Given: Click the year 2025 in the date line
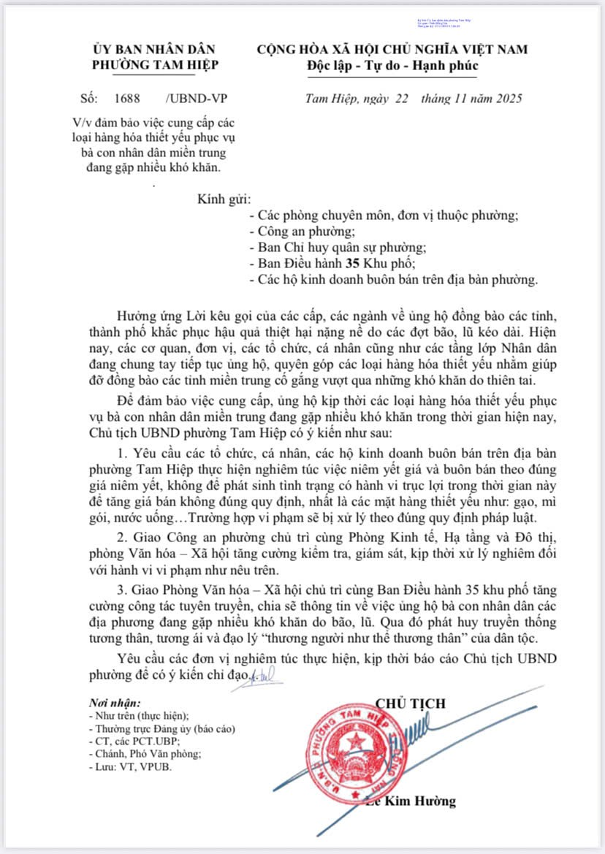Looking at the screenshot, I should (506, 99).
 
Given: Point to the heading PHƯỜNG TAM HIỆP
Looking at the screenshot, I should (155, 64).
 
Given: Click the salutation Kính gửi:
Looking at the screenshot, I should (224, 199).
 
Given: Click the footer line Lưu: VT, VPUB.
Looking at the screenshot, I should (131, 767).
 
